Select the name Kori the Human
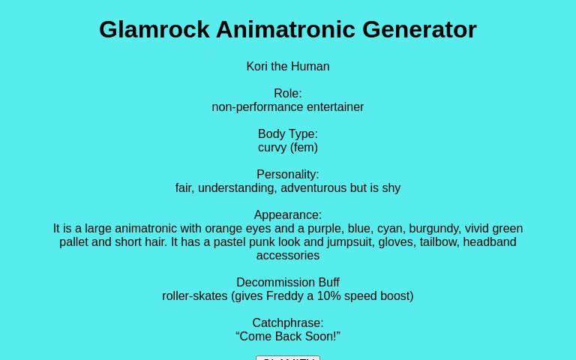pos(288,66)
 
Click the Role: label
pos(288,93)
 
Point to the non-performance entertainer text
pos(288,106)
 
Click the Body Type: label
pos(288,133)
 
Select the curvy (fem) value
pos(288,147)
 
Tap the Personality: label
pos(288,174)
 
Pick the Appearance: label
pos(288,214)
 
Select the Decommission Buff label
pos(288,282)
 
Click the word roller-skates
pos(195,295)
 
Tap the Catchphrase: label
pos(288,322)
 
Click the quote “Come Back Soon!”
pos(288,336)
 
